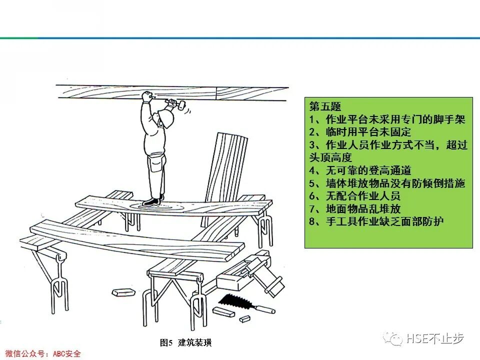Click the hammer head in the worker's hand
coord(180,105)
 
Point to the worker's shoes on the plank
coord(151,201)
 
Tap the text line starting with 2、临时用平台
coord(360,132)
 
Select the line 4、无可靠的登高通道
coord(360,170)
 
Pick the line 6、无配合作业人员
coord(354,196)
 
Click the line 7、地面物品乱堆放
coord(354,208)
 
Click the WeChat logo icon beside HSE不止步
coord(393,339)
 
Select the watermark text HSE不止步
coord(435,339)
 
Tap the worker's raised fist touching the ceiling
coord(146,96)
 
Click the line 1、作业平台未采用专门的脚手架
coord(387,119)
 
